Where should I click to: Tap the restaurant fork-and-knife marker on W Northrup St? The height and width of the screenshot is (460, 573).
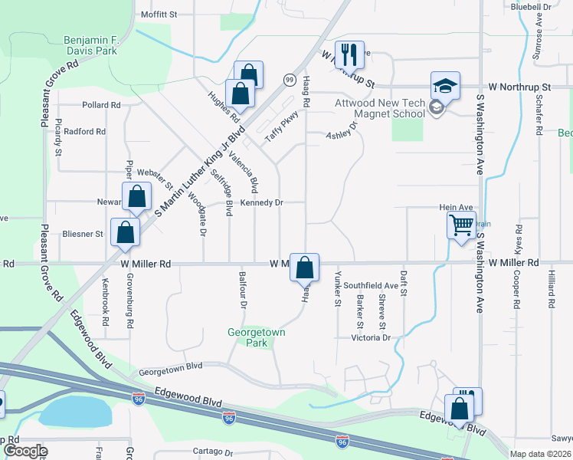pos(349,54)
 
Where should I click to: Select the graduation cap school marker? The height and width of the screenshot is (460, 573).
pos(444,85)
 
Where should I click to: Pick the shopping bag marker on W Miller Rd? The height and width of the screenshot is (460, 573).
pos(304,268)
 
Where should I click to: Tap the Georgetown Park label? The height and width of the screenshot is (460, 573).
pos(256,338)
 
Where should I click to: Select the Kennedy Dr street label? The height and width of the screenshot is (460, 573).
pos(262,203)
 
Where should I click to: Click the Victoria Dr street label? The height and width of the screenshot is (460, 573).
pos(372,337)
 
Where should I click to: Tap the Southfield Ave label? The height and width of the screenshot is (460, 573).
pos(371,285)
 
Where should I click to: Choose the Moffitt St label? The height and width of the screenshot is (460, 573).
pos(159,15)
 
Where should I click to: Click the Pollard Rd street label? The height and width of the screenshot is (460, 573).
pos(102,105)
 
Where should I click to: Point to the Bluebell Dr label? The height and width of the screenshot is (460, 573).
pos(531,6)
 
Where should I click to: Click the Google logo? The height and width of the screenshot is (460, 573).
pos(25,451)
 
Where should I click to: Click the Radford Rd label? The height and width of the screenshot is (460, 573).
pos(84,132)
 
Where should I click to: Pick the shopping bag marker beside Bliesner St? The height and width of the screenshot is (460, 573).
pos(126,232)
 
